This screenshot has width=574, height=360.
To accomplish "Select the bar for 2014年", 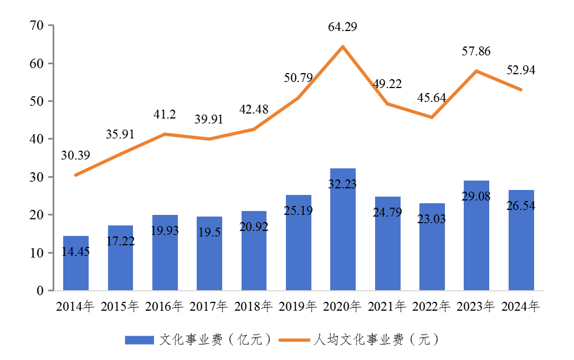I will tap(76, 263).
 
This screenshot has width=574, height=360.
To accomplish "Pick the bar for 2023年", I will tap(476, 235).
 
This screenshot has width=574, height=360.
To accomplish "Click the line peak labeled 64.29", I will tap(343, 47).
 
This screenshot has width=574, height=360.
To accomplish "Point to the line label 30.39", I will tap(76, 156).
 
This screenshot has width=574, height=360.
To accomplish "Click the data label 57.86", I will tap(476, 52).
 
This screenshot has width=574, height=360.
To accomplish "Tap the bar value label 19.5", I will tap(209, 233).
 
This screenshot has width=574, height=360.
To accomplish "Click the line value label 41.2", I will tap(165, 115).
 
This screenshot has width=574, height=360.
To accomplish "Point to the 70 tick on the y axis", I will tap(37, 25).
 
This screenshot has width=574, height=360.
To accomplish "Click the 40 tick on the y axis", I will tap(37, 139).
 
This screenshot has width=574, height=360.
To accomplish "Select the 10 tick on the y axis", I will tap(37, 253).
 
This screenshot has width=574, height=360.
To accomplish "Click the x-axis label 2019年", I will tap(298, 306).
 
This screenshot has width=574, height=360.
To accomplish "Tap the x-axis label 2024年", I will tap(521, 306).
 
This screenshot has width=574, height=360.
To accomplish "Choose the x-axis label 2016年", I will tap(165, 306).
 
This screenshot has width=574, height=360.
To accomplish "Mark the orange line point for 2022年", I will tap(432, 117).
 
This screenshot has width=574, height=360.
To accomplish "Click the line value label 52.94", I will tap(521, 70).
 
